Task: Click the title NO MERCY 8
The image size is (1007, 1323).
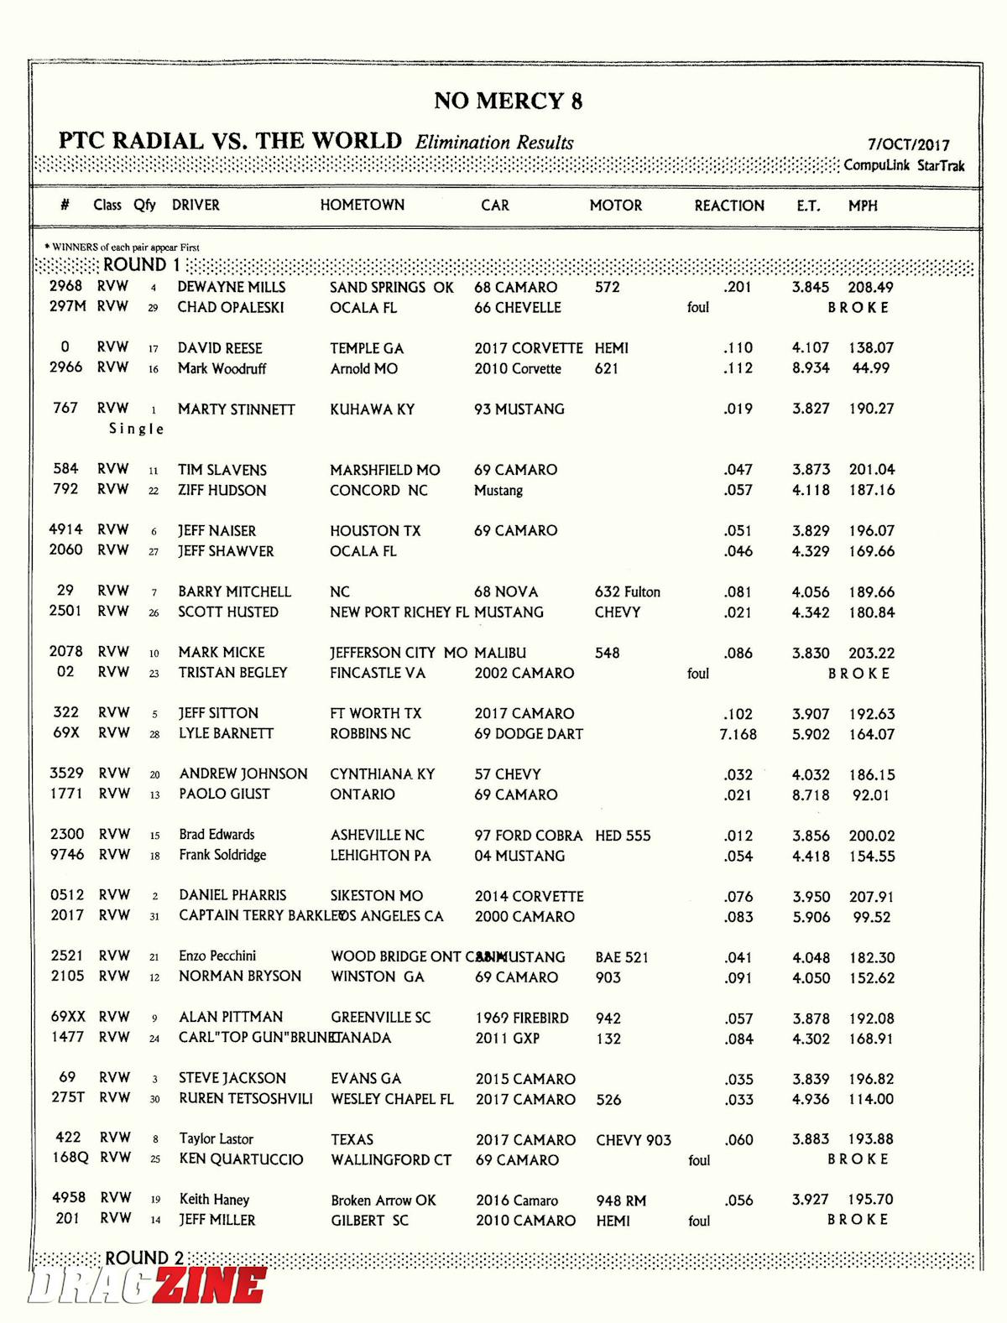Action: pyautogui.click(x=508, y=102)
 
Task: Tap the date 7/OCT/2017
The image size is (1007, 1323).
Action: pyautogui.click(x=908, y=144)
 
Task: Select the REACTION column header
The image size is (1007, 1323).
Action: pyautogui.click(x=728, y=206)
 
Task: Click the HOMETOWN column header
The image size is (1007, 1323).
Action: pyautogui.click(x=362, y=205)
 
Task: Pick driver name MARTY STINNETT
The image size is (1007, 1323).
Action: pyautogui.click(x=236, y=409)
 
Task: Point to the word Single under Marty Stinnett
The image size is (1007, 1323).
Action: pyautogui.click(x=136, y=429)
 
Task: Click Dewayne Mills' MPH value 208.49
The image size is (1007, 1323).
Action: pyautogui.click(x=870, y=287)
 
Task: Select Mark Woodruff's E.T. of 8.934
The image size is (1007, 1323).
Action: pyautogui.click(x=810, y=368)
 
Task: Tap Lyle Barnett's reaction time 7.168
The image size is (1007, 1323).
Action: pyautogui.click(x=738, y=734)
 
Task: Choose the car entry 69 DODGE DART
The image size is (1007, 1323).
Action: pyautogui.click(x=529, y=734)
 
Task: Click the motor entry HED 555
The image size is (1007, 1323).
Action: pyautogui.click(x=623, y=836)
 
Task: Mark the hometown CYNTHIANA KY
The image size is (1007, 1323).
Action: pyautogui.click(x=382, y=774)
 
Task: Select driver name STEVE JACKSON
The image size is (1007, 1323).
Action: pyautogui.click(x=232, y=1078)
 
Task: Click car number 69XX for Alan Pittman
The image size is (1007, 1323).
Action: pyautogui.click(x=67, y=1017)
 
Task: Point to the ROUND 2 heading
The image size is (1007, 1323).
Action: pyautogui.click(x=143, y=1258)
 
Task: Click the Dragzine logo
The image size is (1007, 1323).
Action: pyautogui.click(x=148, y=1285)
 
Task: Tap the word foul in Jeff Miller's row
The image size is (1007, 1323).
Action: pyautogui.click(x=699, y=1221)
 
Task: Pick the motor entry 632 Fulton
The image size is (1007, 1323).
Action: pyautogui.click(x=627, y=592)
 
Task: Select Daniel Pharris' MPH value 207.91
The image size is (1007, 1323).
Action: pyautogui.click(x=871, y=897)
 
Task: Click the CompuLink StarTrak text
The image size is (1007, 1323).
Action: pyautogui.click(x=904, y=165)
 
